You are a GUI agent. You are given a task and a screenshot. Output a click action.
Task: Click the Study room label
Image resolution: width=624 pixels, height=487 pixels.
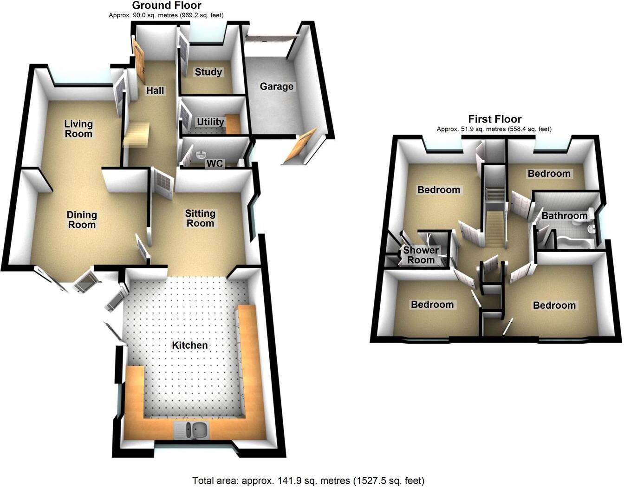click(208, 72)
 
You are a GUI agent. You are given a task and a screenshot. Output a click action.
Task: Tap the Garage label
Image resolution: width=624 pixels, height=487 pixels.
click(276, 86)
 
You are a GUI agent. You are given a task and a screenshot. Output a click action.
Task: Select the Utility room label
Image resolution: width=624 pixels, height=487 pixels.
click(210, 122)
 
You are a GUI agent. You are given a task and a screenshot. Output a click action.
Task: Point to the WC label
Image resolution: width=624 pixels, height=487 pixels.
click(215, 163)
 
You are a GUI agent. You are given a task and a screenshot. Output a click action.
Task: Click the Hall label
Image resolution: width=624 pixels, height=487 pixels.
click(155, 91)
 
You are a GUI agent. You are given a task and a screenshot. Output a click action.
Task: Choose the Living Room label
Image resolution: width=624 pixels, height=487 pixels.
click(78, 129)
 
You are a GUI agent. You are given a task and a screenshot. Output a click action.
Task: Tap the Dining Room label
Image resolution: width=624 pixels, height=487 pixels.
click(82, 220)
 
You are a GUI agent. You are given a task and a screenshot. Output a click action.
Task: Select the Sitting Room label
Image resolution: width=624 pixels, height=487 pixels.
click(200, 218)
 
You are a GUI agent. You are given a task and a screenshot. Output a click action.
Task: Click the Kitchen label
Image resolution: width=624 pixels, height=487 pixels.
click(190, 345)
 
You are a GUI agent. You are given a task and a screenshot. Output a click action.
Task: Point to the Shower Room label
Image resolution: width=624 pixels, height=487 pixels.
click(421, 255)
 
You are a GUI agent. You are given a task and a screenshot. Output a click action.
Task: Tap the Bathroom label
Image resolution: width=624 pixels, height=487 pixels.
click(565, 215)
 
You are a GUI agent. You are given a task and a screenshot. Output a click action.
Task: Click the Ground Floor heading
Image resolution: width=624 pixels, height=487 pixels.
click(167, 6)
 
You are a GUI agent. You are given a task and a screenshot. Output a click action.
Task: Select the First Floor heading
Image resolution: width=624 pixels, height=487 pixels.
click(494, 119)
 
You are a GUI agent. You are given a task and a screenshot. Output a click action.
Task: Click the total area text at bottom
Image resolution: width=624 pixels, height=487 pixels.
click(308, 480)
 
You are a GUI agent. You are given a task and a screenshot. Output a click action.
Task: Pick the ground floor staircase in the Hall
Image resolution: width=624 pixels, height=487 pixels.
click(136, 134)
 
